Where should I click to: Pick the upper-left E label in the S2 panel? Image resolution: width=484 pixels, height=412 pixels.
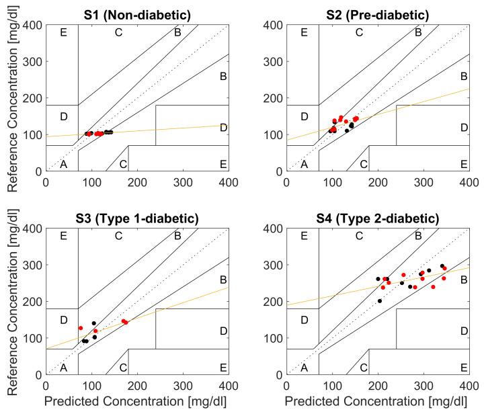pos(304,32)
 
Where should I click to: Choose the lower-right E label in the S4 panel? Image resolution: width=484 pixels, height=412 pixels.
pos(463,368)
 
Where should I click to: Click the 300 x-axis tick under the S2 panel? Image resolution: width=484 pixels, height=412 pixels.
pos(423,181)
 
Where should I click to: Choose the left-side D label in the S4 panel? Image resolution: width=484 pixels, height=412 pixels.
pos(304,321)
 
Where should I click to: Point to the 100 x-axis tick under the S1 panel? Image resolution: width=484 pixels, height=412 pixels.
pos(91,181)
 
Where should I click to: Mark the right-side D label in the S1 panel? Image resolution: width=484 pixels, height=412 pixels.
pos(223,127)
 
